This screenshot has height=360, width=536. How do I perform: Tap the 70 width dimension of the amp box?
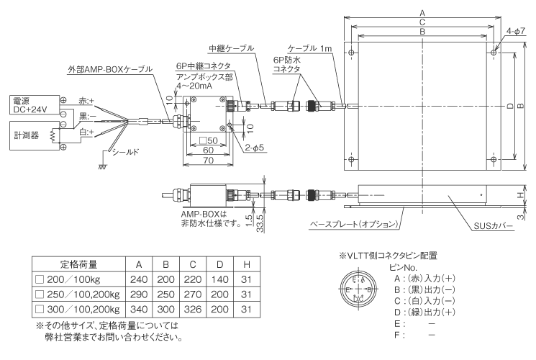pos(209,161)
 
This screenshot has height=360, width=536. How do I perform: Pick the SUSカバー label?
pos(493,225)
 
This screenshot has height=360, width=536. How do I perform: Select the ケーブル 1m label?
pos(310,48)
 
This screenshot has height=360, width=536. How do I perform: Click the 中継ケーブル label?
pos(231,48)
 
